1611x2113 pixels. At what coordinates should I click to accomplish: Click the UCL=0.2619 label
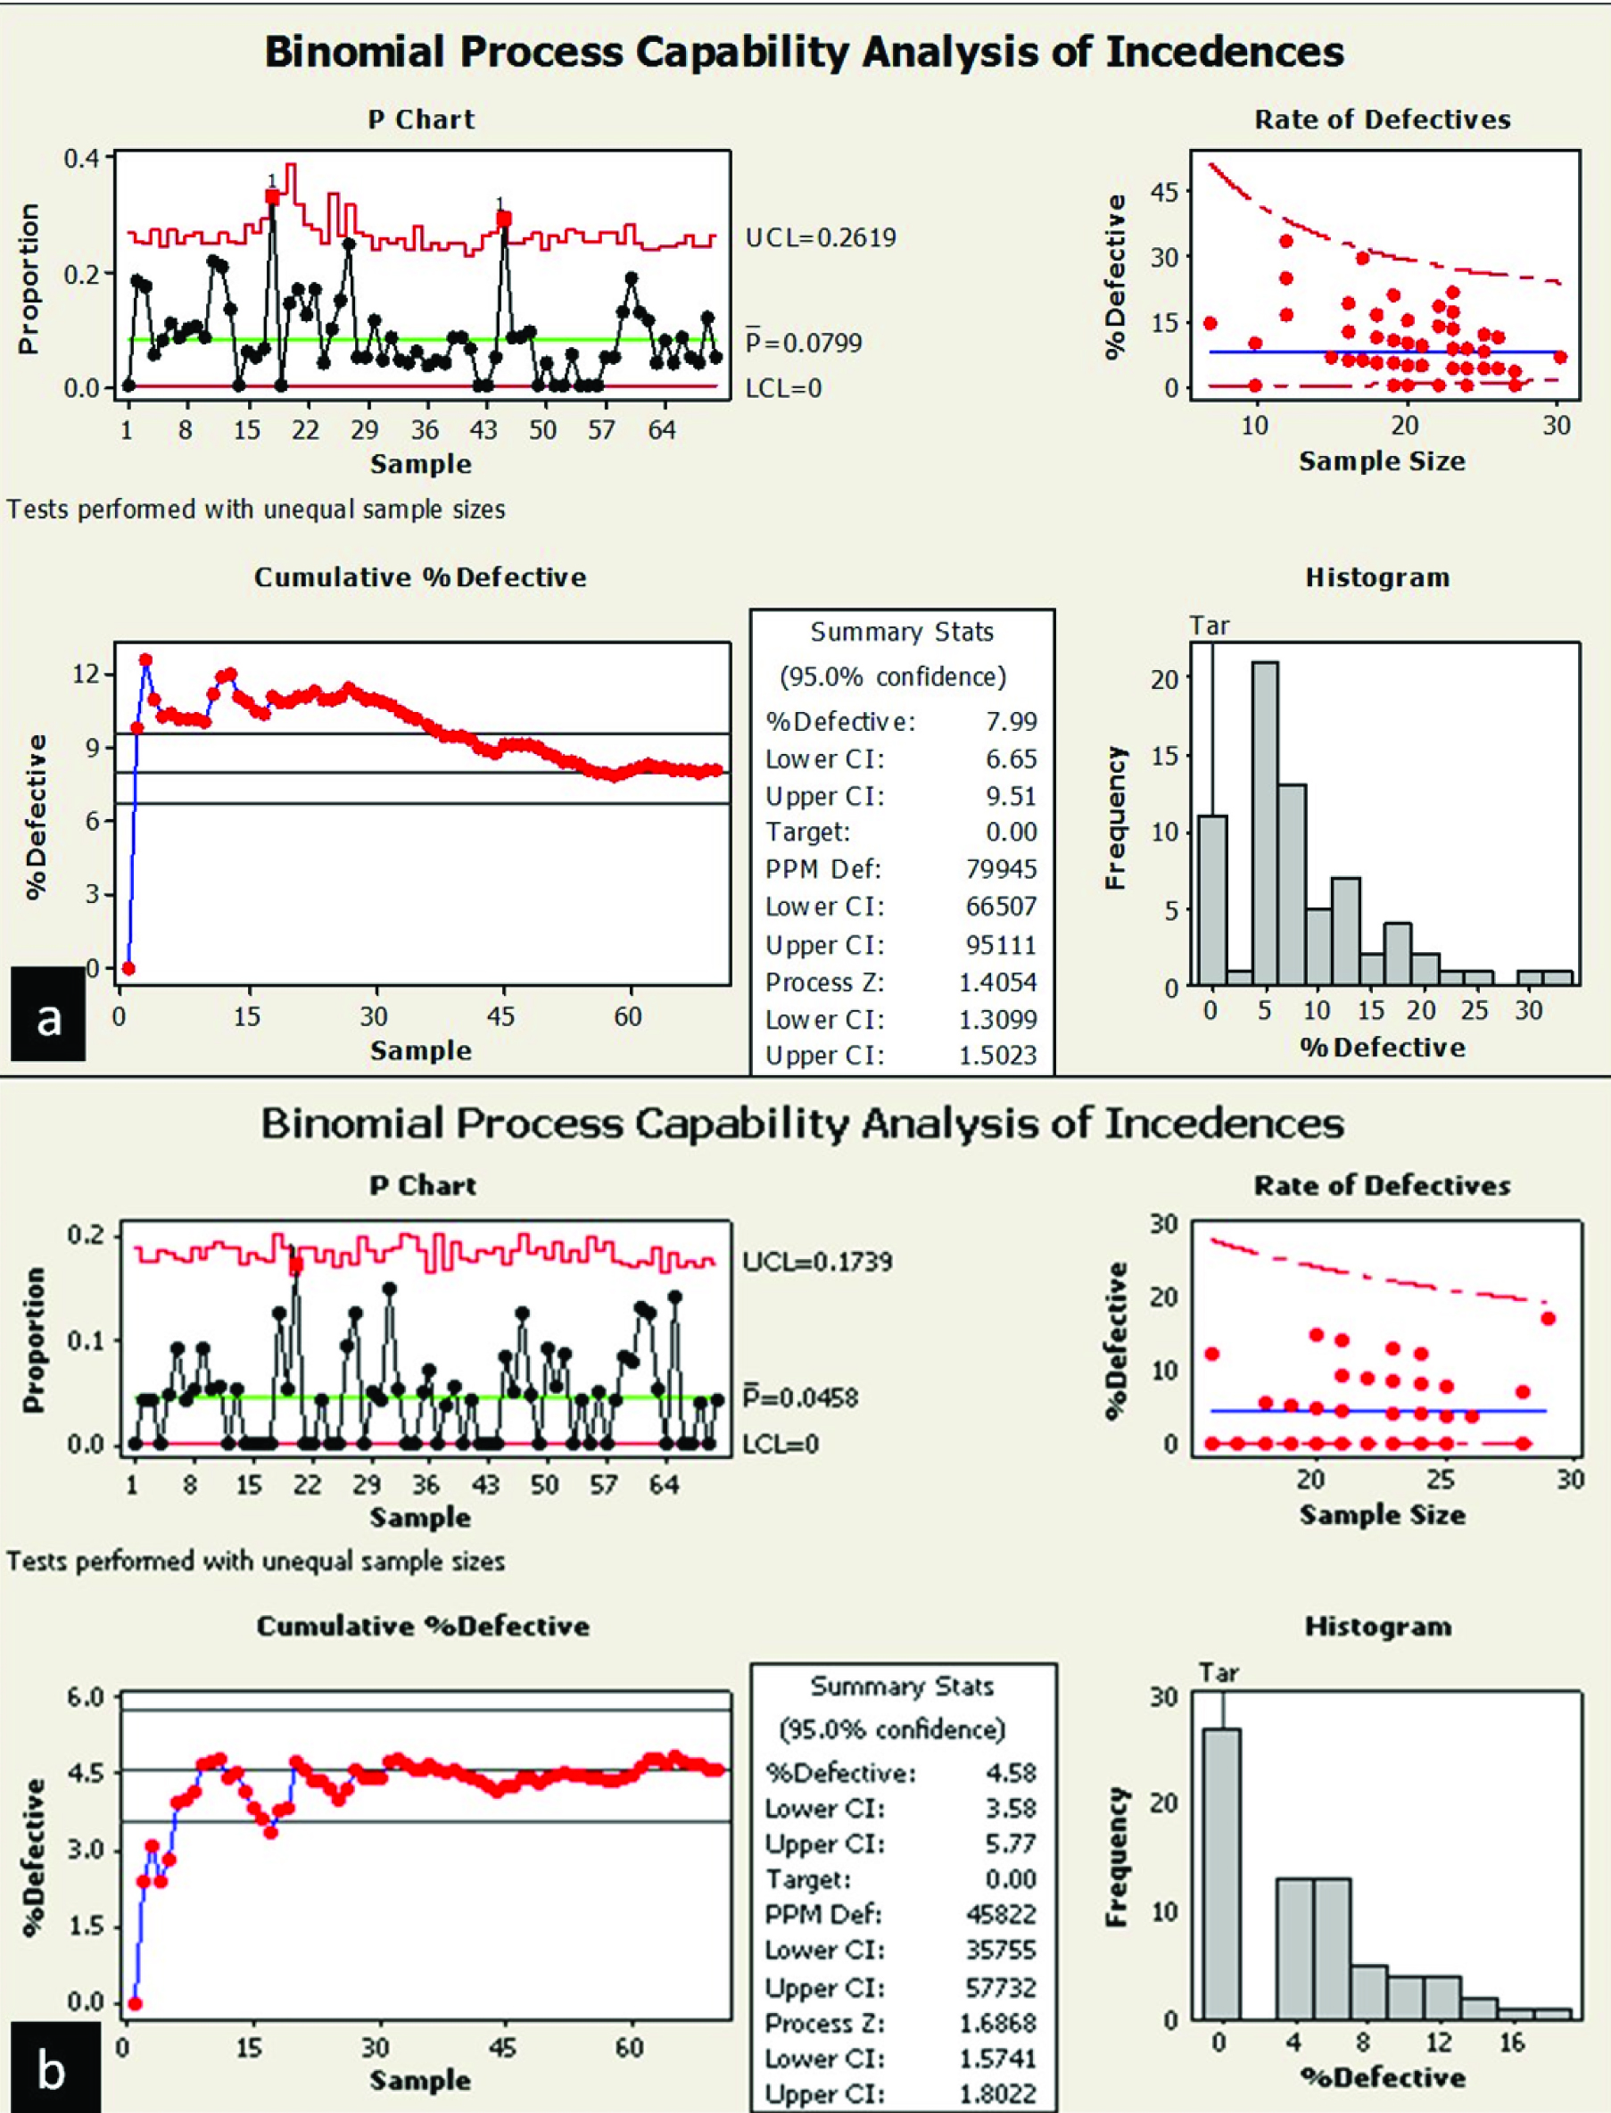coord(820,238)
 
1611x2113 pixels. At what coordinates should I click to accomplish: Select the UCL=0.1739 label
coord(817,1260)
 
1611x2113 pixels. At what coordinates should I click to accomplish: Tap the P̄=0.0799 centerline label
coord(804,343)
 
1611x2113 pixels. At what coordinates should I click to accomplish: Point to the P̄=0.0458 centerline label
coord(801,1397)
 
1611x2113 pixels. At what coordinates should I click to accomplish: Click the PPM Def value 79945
coord(1001,869)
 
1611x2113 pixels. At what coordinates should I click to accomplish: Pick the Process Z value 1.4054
coord(997,982)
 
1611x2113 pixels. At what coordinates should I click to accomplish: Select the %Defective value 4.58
coord(1011,1772)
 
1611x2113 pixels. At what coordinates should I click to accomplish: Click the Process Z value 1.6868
coord(997,2023)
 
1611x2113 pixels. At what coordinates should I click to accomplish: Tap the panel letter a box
coord(48,1019)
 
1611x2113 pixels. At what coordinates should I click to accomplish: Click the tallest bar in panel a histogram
coord(1265,823)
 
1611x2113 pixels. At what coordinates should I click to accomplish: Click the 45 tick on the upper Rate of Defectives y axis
coord(1163,192)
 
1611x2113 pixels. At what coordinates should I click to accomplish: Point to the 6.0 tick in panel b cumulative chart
coord(86,1696)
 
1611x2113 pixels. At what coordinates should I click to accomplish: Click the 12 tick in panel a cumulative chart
coord(87,674)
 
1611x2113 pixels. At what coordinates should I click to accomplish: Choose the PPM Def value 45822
coord(1001,1914)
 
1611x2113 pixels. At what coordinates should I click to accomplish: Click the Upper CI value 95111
coord(1001,945)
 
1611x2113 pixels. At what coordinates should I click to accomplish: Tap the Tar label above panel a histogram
coord(1210,626)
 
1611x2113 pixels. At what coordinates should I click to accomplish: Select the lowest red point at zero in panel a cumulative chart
coord(128,969)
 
